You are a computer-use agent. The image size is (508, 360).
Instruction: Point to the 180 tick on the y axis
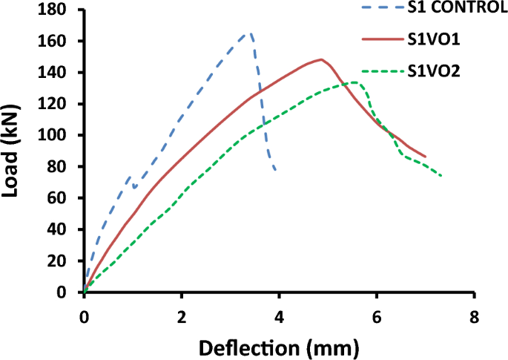[x=62, y=10]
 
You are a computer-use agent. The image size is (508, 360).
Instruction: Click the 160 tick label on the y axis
[x=62, y=41]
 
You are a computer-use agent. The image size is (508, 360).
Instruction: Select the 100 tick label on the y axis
[x=62, y=135]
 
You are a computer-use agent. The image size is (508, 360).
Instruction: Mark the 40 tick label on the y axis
[x=65, y=229]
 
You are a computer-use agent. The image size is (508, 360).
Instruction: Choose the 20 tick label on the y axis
[x=65, y=261]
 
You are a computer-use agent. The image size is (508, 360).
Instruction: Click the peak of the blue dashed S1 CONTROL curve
[x=249, y=33]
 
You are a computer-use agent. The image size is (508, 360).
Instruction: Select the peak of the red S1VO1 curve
[x=321, y=59]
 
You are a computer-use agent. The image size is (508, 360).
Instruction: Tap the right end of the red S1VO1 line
[x=425, y=157]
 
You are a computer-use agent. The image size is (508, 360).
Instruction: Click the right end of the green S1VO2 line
[x=441, y=176]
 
